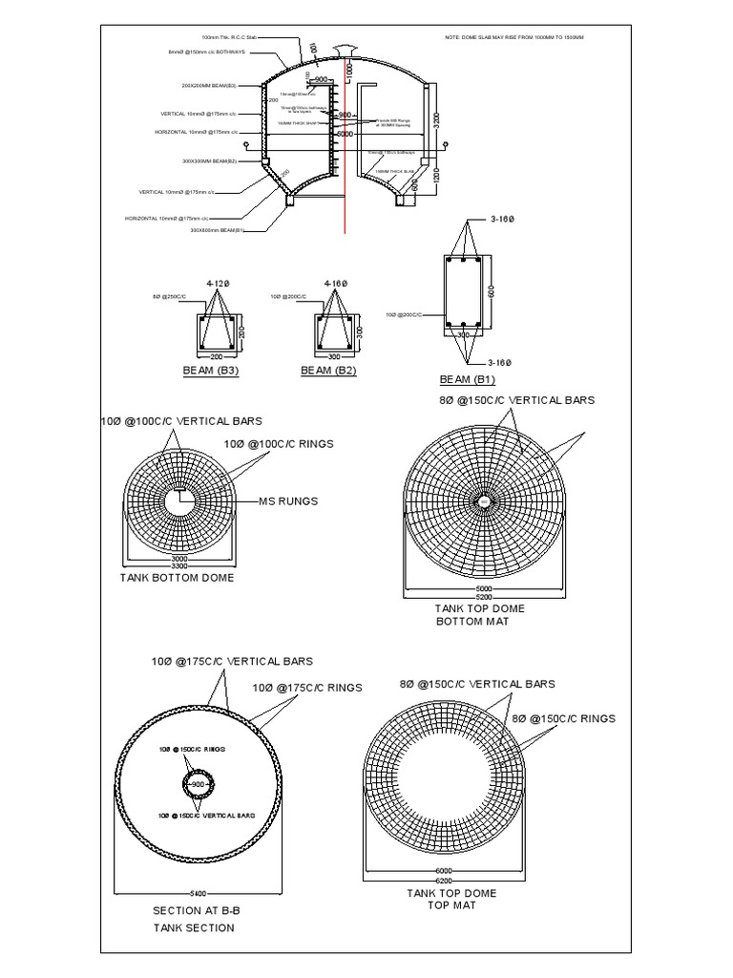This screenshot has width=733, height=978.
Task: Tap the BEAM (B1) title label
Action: click(x=468, y=379)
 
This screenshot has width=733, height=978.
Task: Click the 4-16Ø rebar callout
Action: click(x=336, y=284)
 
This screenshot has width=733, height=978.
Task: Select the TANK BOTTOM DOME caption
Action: click(x=177, y=578)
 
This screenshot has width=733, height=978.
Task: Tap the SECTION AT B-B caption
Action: click(x=194, y=910)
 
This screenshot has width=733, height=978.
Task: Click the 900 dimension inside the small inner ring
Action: click(x=199, y=784)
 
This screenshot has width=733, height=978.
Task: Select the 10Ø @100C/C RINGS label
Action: click(x=279, y=444)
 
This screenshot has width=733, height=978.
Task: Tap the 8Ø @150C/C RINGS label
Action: click(x=564, y=718)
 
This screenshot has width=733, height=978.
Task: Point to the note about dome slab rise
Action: click(x=514, y=37)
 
